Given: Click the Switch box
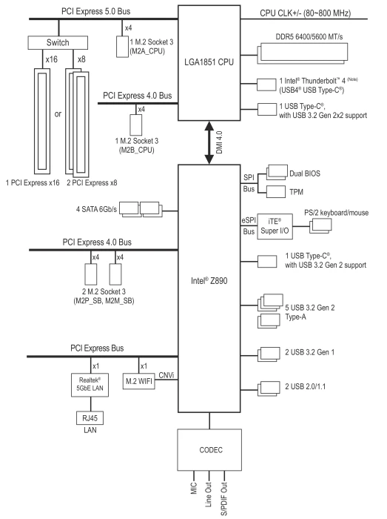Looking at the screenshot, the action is click(58, 43).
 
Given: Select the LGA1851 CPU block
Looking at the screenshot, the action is click(209, 63).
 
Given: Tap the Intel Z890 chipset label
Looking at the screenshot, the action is click(209, 281).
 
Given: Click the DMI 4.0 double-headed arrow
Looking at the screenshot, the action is click(209, 142).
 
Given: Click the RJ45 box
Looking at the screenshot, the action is click(90, 418).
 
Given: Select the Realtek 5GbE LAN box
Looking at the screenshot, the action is click(90, 385).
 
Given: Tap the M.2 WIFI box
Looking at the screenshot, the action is click(138, 381).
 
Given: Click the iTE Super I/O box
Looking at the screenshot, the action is click(275, 226).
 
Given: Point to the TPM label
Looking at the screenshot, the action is click(296, 192).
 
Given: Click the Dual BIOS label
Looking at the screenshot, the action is click(305, 173).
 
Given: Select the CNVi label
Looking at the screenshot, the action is click(166, 375).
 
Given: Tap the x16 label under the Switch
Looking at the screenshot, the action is click(52, 59).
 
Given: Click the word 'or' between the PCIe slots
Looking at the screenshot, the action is click(58, 114).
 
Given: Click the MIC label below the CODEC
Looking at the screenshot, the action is click(194, 489).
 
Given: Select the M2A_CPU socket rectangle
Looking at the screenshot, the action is click(122, 46).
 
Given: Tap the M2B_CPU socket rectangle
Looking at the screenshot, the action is click(135, 125).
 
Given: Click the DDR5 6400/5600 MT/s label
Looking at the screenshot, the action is click(309, 37).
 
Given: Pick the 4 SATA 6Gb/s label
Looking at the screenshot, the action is click(96, 209).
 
